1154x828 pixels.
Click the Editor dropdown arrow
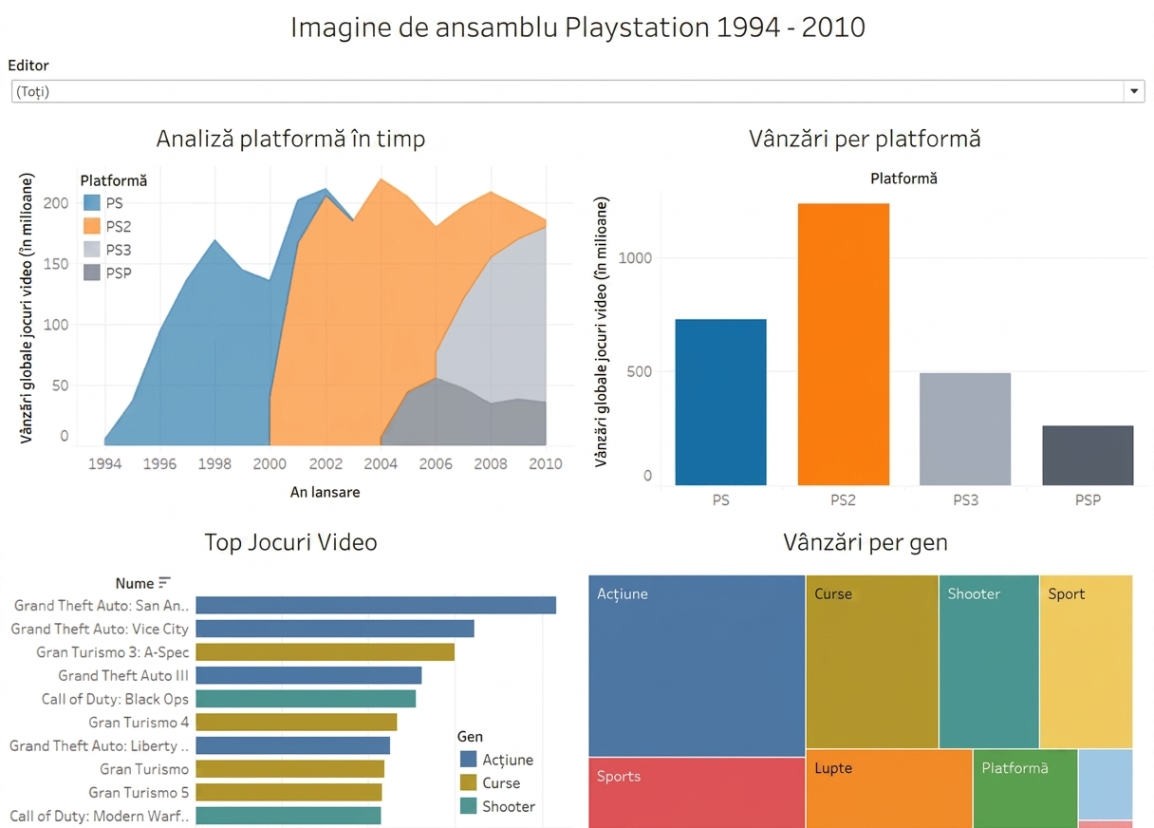[1133, 91]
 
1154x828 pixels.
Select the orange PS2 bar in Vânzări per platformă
[844, 344]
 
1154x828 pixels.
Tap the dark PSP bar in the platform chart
[1088, 455]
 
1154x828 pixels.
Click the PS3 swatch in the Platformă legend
[92, 250]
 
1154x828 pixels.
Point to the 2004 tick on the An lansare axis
[381, 463]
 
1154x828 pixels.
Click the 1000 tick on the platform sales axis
[635, 257]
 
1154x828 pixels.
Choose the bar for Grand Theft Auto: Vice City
[335, 629]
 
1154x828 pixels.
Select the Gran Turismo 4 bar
[296, 722]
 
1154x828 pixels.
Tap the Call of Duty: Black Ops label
[115, 699]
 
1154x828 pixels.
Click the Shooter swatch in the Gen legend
[468, 806]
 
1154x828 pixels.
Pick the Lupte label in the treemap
[833, 767]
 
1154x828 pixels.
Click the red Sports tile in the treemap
[697, 793]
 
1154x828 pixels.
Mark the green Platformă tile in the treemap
[1025, 789]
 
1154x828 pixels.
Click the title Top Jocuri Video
[291, 542]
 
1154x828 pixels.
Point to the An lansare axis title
[326, 492]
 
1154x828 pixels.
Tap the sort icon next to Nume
[164, 583]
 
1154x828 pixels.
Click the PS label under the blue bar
[720, 499]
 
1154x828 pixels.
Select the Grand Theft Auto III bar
[308, 675]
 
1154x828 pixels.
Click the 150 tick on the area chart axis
[56, 264]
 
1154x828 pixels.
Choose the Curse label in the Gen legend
[501, 782]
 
